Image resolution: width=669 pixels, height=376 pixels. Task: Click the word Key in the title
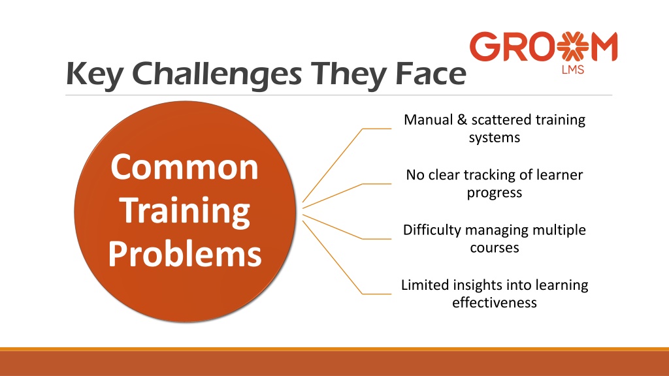tap(94, 75)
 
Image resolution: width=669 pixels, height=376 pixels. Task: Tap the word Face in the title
tap(431, 73)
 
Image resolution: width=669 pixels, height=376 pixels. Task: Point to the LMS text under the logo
tap(572, 69)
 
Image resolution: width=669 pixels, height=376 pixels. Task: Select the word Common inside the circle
tap(184, 167)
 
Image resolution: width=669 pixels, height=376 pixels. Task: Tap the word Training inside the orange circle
tap(186, 211)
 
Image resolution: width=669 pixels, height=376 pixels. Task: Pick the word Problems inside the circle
tap(185, 254)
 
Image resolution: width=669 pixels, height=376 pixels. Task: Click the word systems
tap(495, 138)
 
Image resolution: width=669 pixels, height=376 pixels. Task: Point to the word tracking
tap(490, 175)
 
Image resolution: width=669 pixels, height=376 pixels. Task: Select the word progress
tap(495, 193)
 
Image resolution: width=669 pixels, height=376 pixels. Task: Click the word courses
tap(495, 248)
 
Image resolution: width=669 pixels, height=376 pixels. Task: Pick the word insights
tap(478, 285)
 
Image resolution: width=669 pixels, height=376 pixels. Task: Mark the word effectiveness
tap(495, 303)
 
